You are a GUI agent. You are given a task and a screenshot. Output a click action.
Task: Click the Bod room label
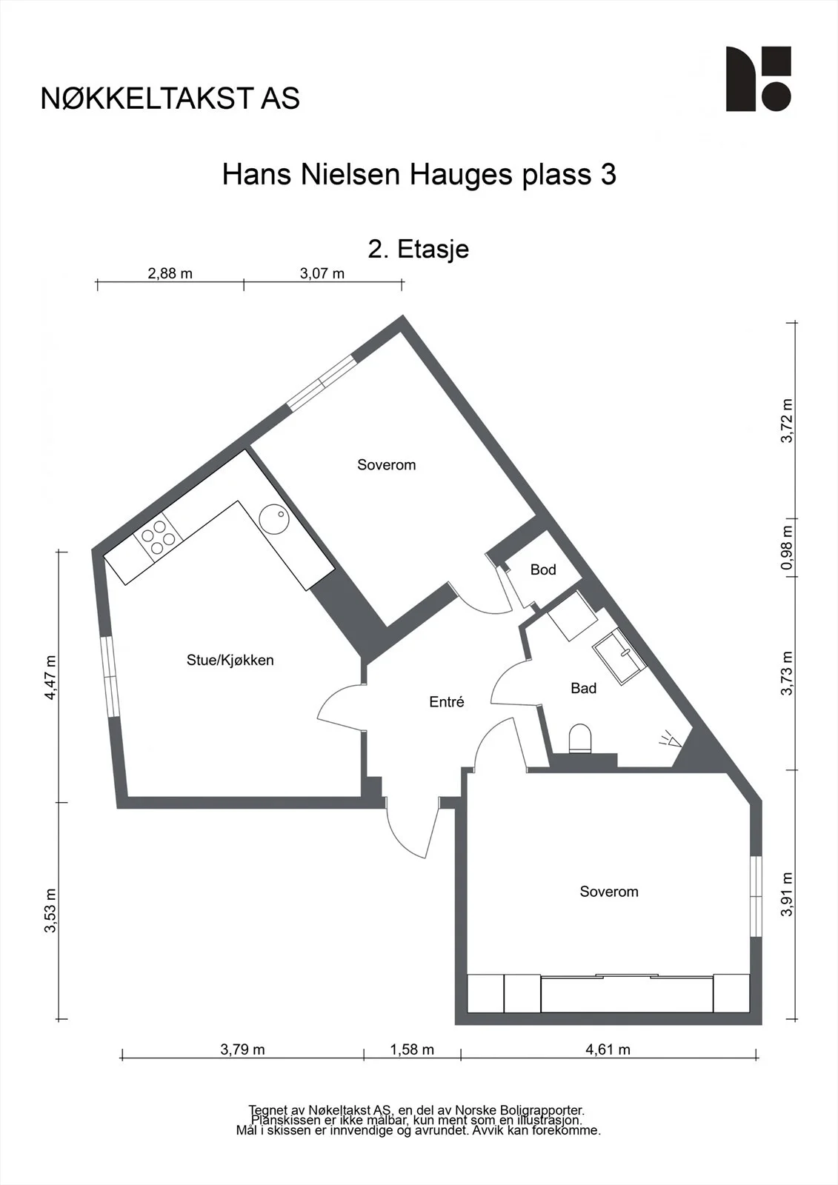click(543, 570)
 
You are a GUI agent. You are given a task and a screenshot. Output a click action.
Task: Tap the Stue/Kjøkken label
click(230, 660)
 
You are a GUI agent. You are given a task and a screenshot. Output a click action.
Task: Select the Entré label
click(447, 702)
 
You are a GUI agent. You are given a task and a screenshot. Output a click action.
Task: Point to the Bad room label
click(583, 688)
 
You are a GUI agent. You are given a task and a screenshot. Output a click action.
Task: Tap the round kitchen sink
click(274, 518)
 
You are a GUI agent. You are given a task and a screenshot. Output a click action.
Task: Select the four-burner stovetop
click(159, 534)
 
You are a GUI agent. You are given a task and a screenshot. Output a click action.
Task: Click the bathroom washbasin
click(619, 656)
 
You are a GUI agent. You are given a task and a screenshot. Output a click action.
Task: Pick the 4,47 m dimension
click(50, 678)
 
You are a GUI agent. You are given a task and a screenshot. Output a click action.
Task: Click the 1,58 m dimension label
click(412, 1049)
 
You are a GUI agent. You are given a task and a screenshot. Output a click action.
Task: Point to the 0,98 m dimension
click(788, 547)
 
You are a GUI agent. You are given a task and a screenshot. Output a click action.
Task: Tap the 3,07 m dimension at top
click(322, 273)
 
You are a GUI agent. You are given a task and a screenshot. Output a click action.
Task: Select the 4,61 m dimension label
click(608, 1049)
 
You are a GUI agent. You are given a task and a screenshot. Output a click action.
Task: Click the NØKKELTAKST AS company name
click(170, 99)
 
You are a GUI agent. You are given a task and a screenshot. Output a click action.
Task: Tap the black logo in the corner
click(759, 79)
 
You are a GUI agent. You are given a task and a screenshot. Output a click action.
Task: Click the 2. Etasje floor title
click(419, 249)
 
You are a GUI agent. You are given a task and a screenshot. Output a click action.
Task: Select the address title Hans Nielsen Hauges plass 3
click(419, 175)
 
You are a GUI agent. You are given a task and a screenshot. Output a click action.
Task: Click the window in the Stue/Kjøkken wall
click(110, 677)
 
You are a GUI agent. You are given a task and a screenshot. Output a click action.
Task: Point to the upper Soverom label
click(387, 465)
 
